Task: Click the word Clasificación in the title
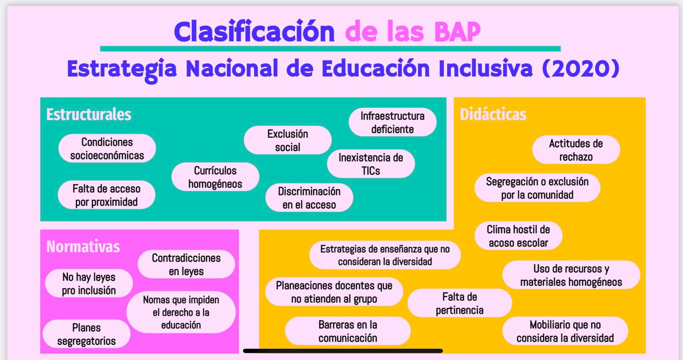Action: point(254,31)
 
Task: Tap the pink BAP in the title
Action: point(457,32)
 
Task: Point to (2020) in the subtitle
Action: point(581,68)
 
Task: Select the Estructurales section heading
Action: point(89,114)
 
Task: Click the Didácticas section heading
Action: point(493,114)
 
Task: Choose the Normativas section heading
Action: point(83,247)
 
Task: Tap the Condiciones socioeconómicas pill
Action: point(107,148)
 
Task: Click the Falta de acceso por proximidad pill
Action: point(106,195)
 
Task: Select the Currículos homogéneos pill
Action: point(215,177)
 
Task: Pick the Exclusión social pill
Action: point(287,140)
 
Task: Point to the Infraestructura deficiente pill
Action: point(393,122)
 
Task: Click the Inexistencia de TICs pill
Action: point(371,164)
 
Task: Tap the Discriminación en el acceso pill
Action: point(309,198)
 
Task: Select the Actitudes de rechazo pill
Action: point(576,150)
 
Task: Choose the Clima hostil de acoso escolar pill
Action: point(518,236)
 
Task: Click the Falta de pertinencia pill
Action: point(460,303)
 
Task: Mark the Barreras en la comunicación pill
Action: point(348,331)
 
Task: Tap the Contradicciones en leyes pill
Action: point(186,264)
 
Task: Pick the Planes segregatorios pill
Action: point(86,334)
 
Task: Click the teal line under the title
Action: point(330,49)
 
